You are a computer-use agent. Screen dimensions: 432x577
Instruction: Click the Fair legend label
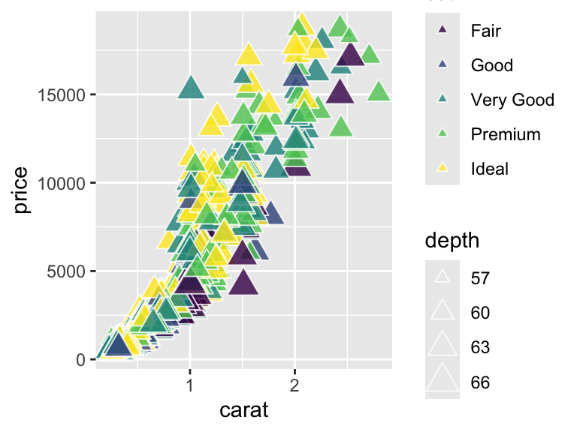485,31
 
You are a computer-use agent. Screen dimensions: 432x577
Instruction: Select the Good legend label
491,65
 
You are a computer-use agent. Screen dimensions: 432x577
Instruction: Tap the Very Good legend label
512,100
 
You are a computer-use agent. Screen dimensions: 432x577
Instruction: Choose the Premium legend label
505,134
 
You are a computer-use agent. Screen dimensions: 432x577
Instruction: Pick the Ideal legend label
489,169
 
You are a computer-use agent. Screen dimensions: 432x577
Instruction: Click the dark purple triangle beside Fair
443,31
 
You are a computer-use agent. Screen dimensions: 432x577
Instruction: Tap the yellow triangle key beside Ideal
443,169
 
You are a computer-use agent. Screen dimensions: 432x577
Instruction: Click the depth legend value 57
480,278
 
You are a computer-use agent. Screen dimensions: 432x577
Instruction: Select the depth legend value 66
480,382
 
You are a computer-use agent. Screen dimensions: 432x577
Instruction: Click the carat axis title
243,410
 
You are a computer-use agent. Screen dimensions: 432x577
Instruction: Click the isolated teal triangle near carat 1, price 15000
191,88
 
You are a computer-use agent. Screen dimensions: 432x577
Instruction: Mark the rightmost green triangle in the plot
379,92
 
